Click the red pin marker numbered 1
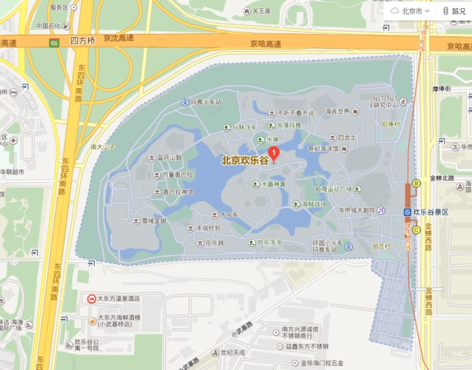pos(273,154)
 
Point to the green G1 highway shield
pos(54,44)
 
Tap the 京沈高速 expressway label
pos(119,38)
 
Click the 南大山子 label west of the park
pos(103,147)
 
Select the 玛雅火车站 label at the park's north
pos(206,101)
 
